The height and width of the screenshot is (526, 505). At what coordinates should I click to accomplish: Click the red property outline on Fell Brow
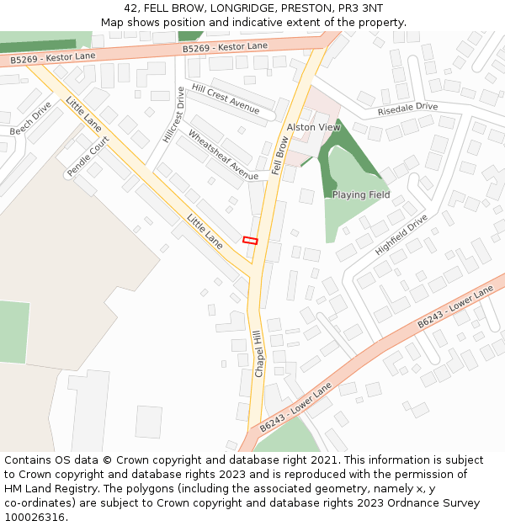click(250, 240)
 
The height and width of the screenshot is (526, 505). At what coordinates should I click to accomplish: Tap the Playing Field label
click(361, 195)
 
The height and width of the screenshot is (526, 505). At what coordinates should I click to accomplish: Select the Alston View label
click(314, 127)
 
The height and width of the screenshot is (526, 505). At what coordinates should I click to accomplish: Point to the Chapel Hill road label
click(258, 353)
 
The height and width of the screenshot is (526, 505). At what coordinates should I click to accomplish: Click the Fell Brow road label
click(279, 156)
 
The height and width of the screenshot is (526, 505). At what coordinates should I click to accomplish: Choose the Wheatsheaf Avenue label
click(223, 155)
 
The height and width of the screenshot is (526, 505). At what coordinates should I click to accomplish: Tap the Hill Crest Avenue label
click(226, 98)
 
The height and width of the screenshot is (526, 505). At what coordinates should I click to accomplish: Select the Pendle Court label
click(88, 158)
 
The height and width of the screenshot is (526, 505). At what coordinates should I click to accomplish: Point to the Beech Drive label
click(31, 119)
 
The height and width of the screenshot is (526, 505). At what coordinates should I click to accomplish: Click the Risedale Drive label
click(407, 108)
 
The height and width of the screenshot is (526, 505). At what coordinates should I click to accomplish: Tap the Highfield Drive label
click(401, 235)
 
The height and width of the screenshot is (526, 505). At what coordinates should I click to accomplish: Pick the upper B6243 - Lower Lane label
click(455, 308)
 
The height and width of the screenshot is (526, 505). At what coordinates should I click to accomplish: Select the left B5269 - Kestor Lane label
click(54, 58)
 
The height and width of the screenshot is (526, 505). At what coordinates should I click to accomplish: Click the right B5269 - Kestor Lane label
click(225, 48)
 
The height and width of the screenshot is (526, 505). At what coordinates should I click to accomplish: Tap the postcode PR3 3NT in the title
click(360, 8)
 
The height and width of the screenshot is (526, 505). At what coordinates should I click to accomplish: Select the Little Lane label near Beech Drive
click(83, 114)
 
